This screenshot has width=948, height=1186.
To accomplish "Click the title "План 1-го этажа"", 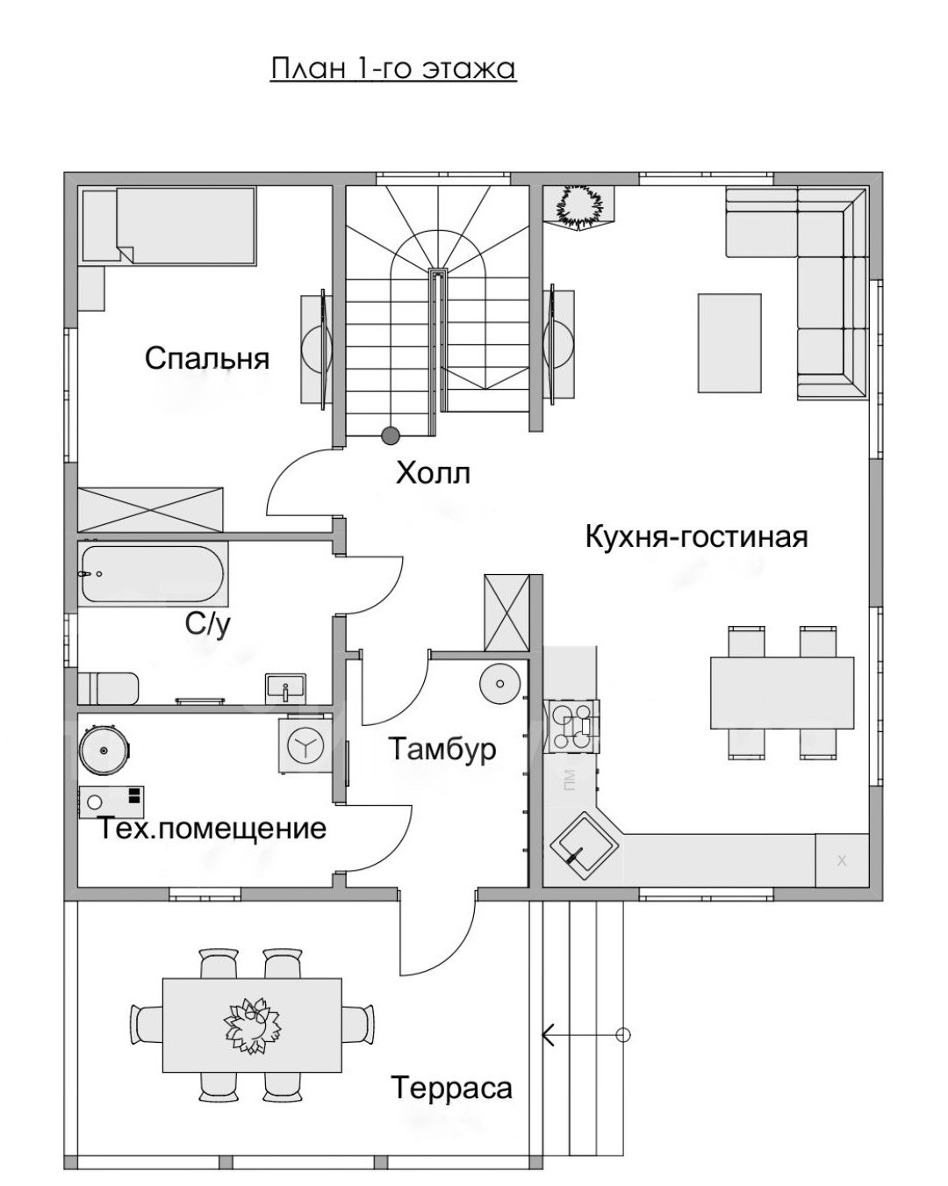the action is click(x=393, y=68).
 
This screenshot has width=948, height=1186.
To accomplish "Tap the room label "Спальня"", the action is click(x=206, y=359).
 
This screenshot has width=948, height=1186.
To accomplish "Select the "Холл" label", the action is click(x=434, y=473).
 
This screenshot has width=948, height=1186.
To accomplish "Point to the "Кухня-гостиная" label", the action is click(x=697, y=537).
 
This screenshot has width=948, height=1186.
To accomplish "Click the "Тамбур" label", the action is click(x=442, y=749).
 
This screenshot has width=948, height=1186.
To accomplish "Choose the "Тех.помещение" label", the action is click(x=212, y=830).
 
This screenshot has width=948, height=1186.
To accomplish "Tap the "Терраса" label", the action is click(x=452, y=1088).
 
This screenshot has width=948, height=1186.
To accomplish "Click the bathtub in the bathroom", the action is click(x=153, y=574).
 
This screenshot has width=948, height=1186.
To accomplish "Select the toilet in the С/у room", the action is click(x=108, y=688).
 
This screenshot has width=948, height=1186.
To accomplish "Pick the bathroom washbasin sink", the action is click(x=285, y=687).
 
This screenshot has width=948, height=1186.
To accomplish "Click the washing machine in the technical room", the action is click(x=305, y=744).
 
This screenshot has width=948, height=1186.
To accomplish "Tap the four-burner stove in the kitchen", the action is click(x=571, y=726).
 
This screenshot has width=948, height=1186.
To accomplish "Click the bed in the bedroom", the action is click(x=169, y=226).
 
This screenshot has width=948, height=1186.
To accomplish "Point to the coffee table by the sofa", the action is click(x=729, y=342).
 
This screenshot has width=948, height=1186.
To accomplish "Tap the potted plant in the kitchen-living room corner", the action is click(x=578, y=206).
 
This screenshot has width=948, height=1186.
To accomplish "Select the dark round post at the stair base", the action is click(x=391, y=435).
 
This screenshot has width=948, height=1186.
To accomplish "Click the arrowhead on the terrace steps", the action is click(x=549, y=1035).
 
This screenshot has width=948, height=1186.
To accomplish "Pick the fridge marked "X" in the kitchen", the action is click(x=842, y=860).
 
